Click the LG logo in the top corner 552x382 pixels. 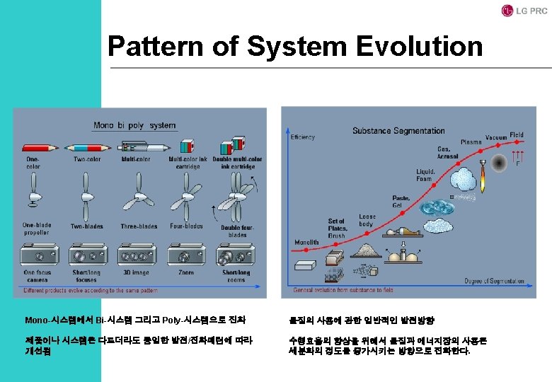click(507, 11)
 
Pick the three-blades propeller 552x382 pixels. click(138, 198)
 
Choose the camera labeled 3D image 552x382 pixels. click(137, 255)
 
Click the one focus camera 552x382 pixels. click(38, 255)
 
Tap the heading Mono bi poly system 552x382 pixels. click(134, 125)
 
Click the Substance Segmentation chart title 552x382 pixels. click(398, 131)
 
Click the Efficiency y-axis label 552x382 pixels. click(302, 137)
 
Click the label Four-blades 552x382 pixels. click(186, 227)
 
